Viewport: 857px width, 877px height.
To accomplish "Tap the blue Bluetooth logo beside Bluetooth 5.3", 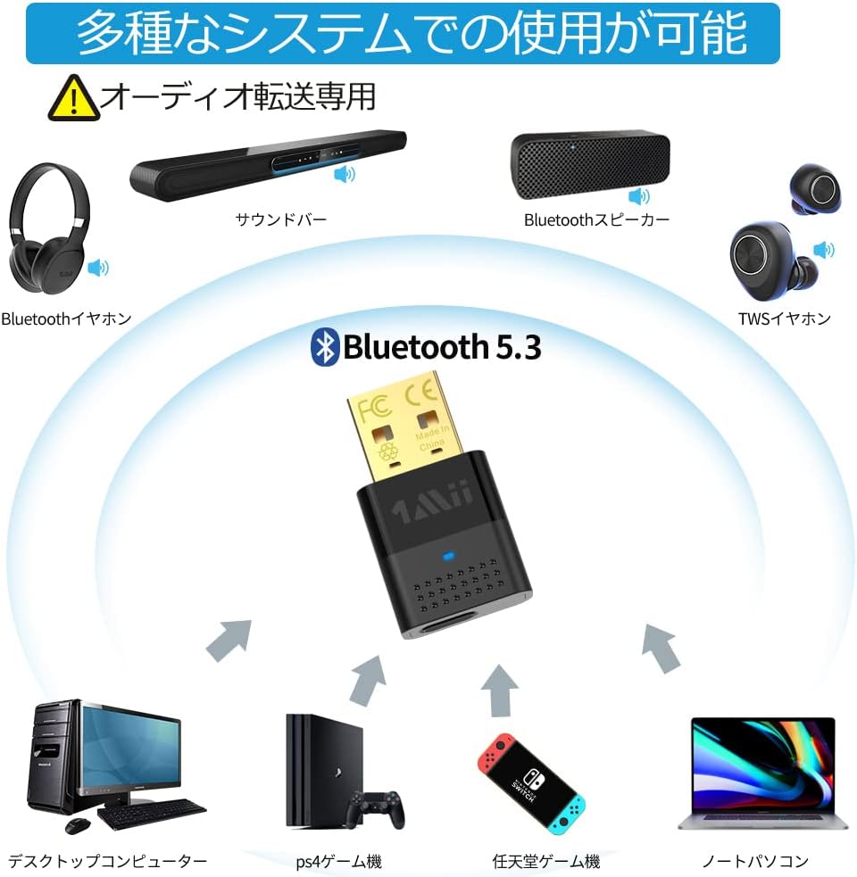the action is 324,346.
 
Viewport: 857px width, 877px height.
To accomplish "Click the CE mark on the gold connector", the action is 420,394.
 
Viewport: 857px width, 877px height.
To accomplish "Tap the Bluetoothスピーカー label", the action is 595,219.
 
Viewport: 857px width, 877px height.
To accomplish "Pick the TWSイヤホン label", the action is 784,318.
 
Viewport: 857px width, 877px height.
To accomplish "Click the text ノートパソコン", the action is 754,861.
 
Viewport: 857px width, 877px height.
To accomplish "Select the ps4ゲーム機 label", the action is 338,861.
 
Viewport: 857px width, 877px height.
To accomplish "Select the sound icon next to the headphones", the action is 97,267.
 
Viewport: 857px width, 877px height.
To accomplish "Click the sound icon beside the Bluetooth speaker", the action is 639,196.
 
